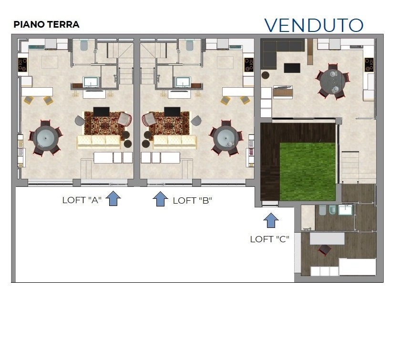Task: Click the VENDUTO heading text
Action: tap(314, 25)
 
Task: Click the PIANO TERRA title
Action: tap(46, 24)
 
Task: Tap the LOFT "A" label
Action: tap(82, 200)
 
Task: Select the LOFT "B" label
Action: tap(193, 201)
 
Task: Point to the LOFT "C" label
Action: tap(269, 239)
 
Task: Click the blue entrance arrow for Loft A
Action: tap(113, 198)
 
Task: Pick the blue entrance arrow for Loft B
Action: tap(160, 199)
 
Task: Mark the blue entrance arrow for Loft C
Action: tap(271, 220)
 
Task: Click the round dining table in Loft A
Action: tap(45, 138)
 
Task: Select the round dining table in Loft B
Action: tap(225, 138)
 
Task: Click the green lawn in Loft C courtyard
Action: tap(307, 172)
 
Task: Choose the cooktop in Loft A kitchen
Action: tap(22, 65)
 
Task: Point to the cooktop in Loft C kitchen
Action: tap(369, 65)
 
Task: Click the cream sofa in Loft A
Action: tap(99, 142)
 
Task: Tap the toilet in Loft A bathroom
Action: tap(84, 45)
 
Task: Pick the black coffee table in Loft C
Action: tap(292, 68)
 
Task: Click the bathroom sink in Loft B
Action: tap(183, 82)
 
